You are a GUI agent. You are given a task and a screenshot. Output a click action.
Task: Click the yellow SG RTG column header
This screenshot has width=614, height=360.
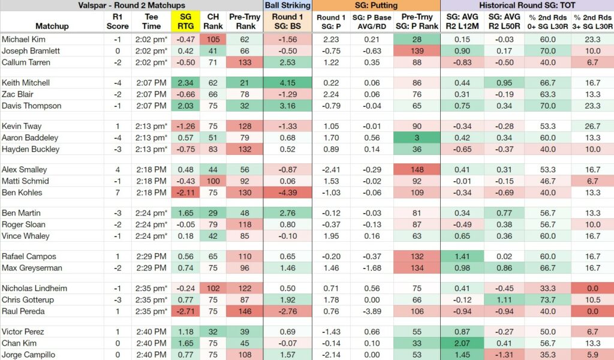point(186,22)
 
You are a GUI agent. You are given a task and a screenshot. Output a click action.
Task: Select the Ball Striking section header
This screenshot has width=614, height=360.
point(287,5)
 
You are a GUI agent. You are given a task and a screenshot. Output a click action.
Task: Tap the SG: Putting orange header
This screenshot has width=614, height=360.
point(376,5)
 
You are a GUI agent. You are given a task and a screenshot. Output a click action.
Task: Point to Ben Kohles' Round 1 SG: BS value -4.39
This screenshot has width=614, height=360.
point(287,193)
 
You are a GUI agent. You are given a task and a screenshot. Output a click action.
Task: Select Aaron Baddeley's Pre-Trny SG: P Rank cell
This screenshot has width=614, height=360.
point(417,137)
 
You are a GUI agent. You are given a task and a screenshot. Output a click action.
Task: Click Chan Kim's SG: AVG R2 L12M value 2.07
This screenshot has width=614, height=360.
point(462,343)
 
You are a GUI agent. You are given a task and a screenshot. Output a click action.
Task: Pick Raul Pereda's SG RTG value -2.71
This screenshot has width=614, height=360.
point(186,311)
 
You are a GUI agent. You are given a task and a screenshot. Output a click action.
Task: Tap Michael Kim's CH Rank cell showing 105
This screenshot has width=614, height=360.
point(213,39)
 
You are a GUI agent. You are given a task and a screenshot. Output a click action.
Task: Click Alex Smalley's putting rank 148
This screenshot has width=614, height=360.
point(417,170)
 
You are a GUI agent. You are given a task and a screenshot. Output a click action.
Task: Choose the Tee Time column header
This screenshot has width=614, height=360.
point(152,22)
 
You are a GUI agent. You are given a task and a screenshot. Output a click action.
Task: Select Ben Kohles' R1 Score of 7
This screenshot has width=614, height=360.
point(118,193)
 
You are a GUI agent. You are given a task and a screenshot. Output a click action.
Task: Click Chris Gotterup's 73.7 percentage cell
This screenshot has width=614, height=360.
point(547,299)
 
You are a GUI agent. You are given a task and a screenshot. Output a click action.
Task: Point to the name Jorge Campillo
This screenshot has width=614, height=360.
point(28,355)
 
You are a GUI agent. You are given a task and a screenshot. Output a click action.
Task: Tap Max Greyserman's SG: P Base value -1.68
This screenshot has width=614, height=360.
point(372,268)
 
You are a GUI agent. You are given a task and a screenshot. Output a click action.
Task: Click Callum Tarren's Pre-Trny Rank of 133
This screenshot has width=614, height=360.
point(245,62)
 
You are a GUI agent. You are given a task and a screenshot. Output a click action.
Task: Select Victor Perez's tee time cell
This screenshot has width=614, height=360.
point(152,331)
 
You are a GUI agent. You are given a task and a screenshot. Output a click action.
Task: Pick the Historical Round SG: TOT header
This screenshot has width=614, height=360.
point(527,5)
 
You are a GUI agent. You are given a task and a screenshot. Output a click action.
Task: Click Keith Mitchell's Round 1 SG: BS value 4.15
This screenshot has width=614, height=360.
point(287,83)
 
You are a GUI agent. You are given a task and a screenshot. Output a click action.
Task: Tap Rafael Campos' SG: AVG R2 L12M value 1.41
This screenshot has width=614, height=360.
point(462,256)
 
